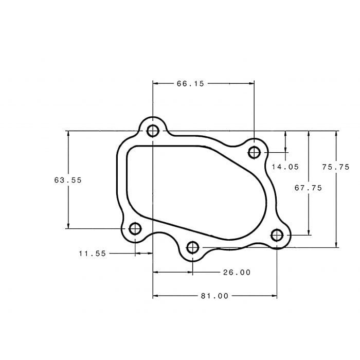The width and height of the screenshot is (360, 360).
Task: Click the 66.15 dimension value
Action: [190, 83]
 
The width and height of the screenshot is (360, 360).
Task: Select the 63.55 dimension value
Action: [68, 180]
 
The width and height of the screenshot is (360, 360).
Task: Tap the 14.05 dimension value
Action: [285, 167]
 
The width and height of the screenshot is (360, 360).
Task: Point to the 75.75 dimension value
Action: [335, 167]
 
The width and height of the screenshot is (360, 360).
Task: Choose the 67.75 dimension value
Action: [308, 188]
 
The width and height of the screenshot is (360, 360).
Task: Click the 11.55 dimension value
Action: [93, 253]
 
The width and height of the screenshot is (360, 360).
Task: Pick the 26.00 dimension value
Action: [237, 272]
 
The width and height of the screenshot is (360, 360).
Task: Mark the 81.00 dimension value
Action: [214, 296]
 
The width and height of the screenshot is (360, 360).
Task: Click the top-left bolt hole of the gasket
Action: [153, 131]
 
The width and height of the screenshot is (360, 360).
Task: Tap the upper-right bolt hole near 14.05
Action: [254, 152]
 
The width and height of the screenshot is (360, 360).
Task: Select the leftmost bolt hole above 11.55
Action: [135, 228]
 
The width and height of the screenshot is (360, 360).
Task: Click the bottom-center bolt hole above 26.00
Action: [193, 247]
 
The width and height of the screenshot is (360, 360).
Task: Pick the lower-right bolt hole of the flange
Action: [277, 235]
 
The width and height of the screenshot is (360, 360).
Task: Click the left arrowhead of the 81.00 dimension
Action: [156, 296]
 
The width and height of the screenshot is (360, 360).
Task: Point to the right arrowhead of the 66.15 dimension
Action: [251, 83]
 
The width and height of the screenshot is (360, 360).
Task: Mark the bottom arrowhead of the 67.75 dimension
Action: [309, 232]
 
